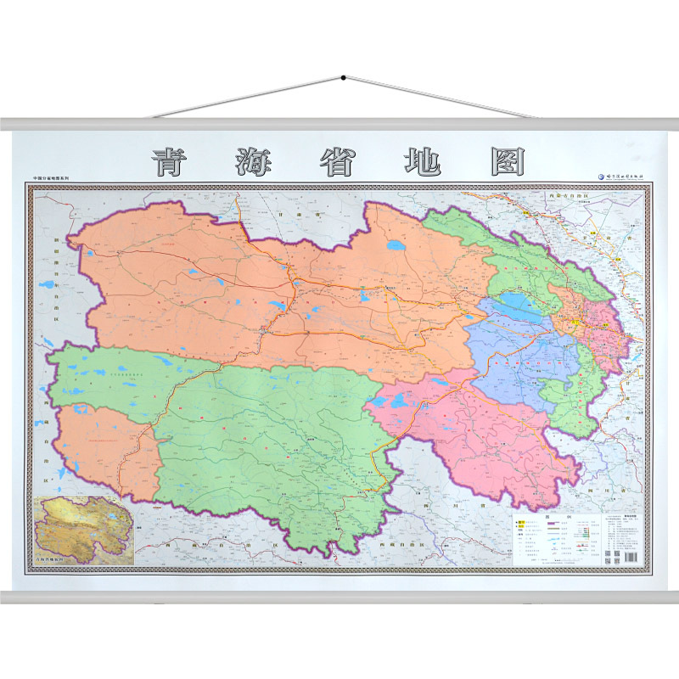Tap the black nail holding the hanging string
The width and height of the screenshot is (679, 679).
pos(343,78)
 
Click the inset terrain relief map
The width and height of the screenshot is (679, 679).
pos(83,527)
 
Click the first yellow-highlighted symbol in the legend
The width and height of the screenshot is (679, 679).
pos(522,521)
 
